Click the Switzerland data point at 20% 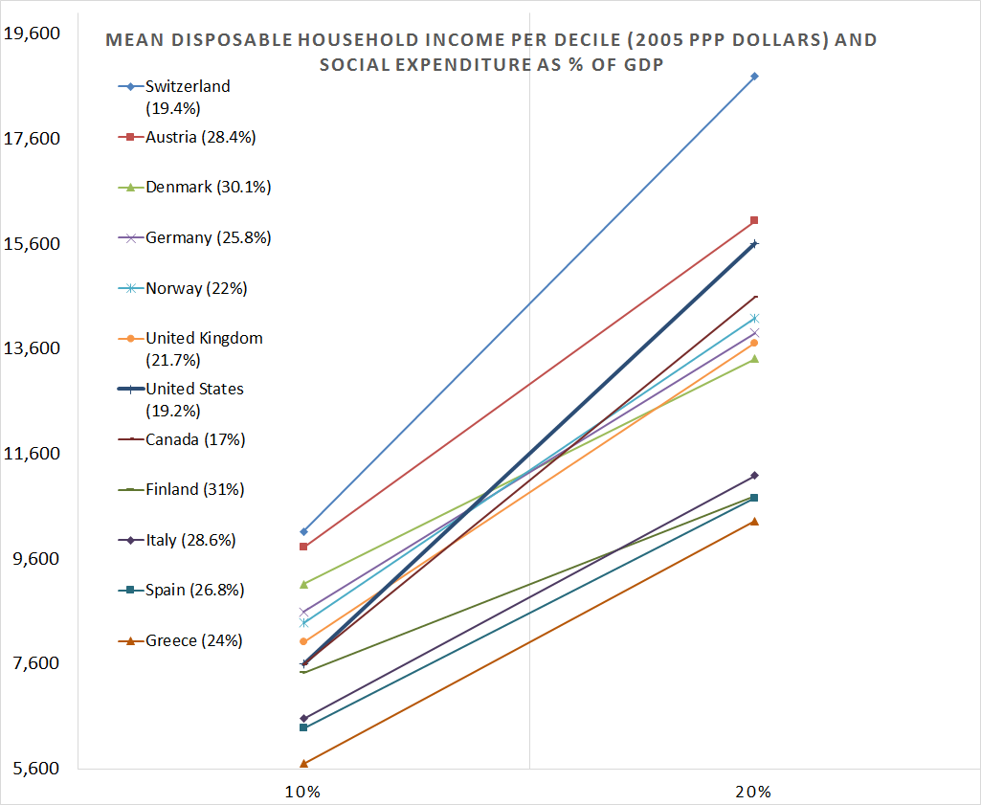click(x=754, y=76)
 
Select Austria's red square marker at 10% click(x=303, y=547)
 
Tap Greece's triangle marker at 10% click(x=303, y=763)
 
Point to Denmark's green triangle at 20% click(x=754, y=359)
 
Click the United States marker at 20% click(x=754, y=244)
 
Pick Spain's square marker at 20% click(x=754, y=498)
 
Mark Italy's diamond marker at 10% click(x=303, y=718)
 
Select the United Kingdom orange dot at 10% click(x=303, y=641)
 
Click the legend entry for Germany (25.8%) click(x=208, y=237)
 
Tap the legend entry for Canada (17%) click(x=195, y=439)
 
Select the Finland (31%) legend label click(x=194, y=489)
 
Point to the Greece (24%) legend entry click(x=193, y=640)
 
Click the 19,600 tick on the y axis click(x=33, y=34)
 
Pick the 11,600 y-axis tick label click(x=33, y=453)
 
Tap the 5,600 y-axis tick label click(x=33, y=768)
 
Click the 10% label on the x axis click(x=302, y=792)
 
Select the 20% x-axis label click(x=754, y=792)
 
